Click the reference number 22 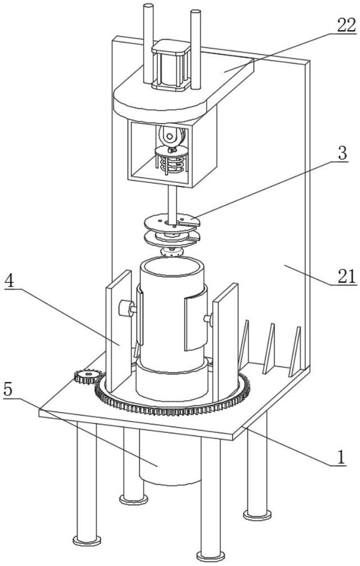coord(346,26)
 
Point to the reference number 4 coord(11,281)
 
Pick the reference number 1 coord(341,458)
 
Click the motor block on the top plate coord(171,65)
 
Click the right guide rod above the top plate coord(196,50)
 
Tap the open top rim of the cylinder coord(172,267)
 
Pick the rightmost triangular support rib coord(295,351)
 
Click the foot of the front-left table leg coord(87,540)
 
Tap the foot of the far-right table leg coord(257,514)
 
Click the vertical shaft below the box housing coord(173,205)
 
